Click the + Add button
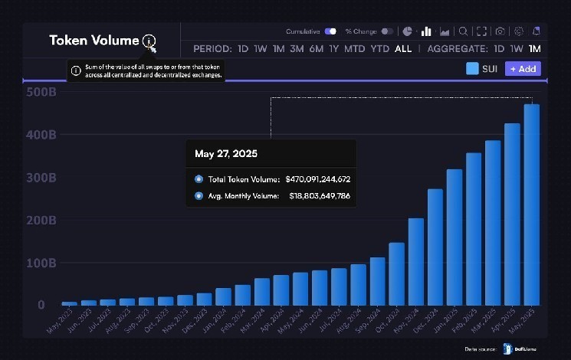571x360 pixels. [x=523, y=69]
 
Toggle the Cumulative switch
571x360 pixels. [x=330, y=31]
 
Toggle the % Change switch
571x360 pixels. [x=387, y=31]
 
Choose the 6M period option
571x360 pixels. [x=316, y=49]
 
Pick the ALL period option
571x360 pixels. [x=403, y=49]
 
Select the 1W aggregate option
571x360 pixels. [x=517, y=49]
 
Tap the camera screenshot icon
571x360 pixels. [x=500, y=31]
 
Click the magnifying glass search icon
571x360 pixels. [x=463, y=31]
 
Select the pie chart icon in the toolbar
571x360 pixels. [x=407, y=31]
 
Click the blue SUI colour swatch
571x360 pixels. [x=472, y=69]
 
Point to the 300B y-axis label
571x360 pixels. [x=41, y=178]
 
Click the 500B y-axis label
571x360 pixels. [x=41, y=92]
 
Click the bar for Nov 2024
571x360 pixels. [x=416, y=261]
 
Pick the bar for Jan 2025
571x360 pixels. [x=455, y=237]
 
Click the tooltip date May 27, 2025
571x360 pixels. [x=226, y=154]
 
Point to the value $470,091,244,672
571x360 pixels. [x=317, y=179]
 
